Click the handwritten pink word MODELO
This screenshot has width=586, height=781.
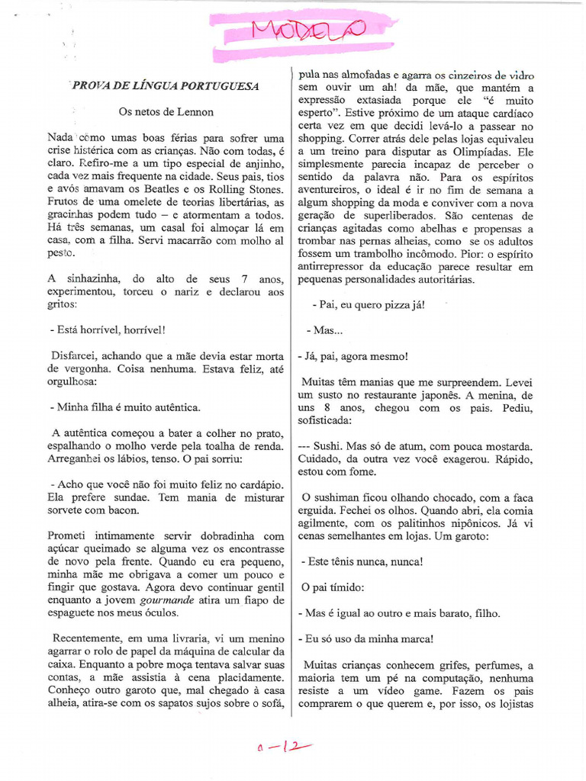[308, 31]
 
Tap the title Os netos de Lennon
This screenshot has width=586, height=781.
[166, 111]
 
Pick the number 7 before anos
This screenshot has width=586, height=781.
[242, 279]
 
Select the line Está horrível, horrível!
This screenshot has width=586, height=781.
[107, 330]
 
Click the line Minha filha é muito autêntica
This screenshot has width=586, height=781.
[124, 407]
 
